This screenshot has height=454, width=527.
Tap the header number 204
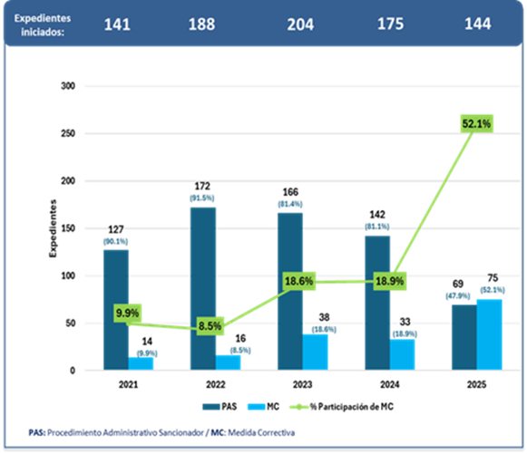[x=299, y=24]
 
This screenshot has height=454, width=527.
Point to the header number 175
[x=391, y=24]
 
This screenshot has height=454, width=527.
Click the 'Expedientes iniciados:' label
[x=44, y=24]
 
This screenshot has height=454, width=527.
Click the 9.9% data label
[x=128, y=314]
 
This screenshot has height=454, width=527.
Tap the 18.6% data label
[x=299, y=282]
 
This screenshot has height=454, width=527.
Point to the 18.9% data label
[x=390, y=281]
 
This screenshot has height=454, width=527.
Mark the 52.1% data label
[x=476, y=123]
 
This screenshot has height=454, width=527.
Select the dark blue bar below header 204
[x=289, y=291]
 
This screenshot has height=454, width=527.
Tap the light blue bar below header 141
[x=142, y=362]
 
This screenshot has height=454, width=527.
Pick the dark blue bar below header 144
[x=464, y=336]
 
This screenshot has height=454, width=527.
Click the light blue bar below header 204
[x=316, y=351]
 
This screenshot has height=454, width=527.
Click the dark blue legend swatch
[x=212, y=406]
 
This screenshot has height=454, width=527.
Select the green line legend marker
[x=299, y=406]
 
